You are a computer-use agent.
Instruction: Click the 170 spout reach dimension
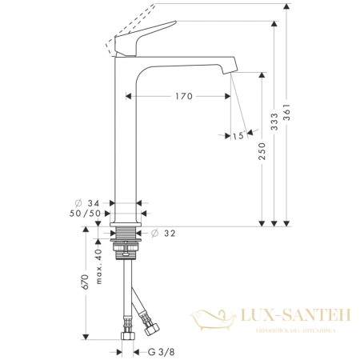tap(183, 97)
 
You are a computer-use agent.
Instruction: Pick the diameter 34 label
tap(90, 204)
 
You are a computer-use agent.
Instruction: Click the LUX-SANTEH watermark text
tap(291, 318)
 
